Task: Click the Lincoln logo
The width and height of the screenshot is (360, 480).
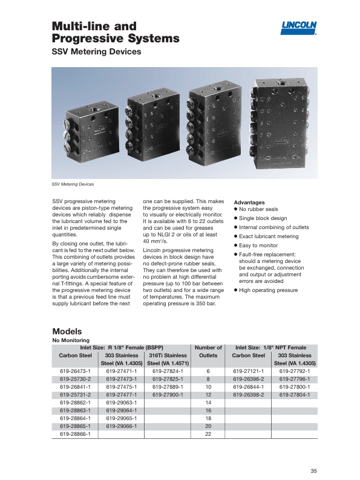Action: (298, 28)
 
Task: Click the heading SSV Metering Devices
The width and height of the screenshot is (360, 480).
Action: (96, 51)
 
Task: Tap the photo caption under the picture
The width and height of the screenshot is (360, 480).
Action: (73, 184)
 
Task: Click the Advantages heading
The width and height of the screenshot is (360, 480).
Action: (249, 203)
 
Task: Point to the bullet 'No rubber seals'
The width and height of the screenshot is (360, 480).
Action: (256, 209)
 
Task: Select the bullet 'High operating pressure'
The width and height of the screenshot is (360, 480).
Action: (266, 290)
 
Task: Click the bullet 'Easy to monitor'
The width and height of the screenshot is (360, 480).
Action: (256, 245)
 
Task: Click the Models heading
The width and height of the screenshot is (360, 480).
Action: (67, 331)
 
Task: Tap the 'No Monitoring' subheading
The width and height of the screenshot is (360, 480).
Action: (71, 340)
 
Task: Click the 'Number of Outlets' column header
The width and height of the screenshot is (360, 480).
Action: (208, 351)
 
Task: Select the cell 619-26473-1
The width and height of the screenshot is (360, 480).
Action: (76, 371)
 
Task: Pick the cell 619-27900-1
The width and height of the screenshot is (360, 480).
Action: (168, 395)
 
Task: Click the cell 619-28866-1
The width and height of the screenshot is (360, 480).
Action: (76, 434)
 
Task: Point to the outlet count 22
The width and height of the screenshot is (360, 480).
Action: (208, 434)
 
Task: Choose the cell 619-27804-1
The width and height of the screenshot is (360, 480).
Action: (295, 395)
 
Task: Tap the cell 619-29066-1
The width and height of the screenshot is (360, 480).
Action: (122, 426)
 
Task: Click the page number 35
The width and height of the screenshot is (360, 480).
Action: (313, 471)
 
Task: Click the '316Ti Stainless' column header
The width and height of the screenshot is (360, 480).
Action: (168, 355)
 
